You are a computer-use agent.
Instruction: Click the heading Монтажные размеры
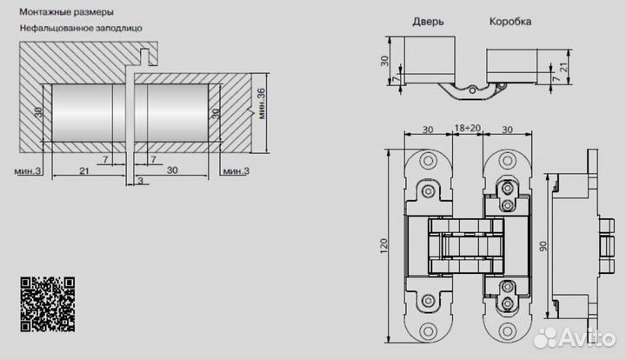click(67, 12)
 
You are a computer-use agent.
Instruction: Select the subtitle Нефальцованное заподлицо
click(81, 29)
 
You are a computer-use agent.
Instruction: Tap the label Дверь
click(428, 22)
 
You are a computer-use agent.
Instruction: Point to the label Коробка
click(510, 21)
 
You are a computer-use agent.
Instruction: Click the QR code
click(48, 304)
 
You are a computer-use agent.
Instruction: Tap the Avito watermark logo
click(575, 338)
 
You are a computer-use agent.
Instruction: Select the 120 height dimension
click(384, 246)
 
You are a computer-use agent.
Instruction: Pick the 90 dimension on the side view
click(543, 246)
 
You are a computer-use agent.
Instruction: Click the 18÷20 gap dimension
click(468, 128)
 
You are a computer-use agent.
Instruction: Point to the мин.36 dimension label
click(262, 103)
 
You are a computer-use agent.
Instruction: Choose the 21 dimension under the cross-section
click(83, 171)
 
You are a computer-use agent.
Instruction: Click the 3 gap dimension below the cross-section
click(141, 181)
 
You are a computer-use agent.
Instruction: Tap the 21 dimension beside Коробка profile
click(563, 67)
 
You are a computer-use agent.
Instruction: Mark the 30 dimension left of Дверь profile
click(384, 61)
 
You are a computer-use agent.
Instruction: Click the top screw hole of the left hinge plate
click(428, 161)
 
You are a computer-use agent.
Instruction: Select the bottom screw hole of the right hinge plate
click(508, 330)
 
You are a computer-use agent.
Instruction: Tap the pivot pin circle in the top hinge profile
click(472, 90)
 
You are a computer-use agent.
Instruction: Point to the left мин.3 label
click(28, 171)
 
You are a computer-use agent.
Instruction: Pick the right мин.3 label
click(236, 171)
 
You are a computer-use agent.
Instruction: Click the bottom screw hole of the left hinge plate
click(428, 330)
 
